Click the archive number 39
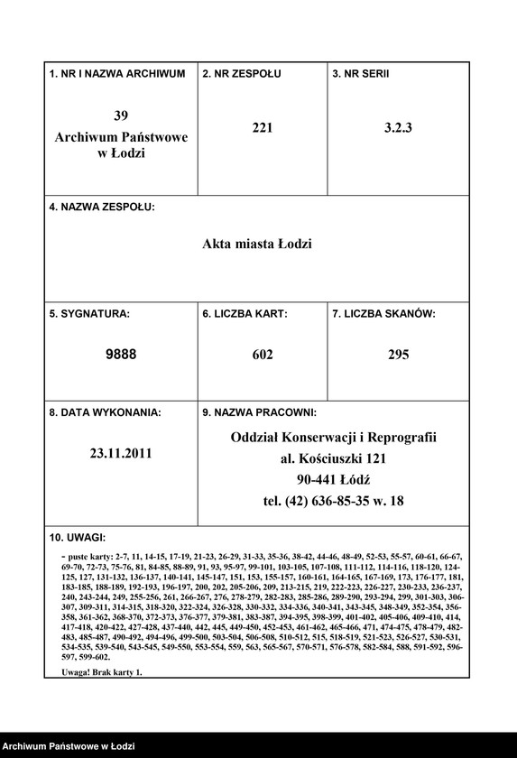tap(121, 116)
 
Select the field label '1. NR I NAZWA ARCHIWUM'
tap(117, 73)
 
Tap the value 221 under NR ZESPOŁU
tap(263, 128)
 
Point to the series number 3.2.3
tap(398, 128)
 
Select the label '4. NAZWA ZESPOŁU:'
tap(102, 207)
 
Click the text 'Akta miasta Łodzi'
tap(257, 244)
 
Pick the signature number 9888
tap(121, 355)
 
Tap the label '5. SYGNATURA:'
tap(89, 314)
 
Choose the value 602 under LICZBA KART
tap(263, 355)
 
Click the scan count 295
tap(398, 355)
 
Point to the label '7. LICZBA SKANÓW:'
tap(384, 314)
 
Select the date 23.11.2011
tap(121, 454)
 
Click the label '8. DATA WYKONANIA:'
tap(106, 412)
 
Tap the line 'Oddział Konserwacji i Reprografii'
tap(334, 437)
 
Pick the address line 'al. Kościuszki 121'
tap(334, 458)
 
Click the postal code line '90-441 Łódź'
tap(334, 479)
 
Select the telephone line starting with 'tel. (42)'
tap(334, 501)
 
